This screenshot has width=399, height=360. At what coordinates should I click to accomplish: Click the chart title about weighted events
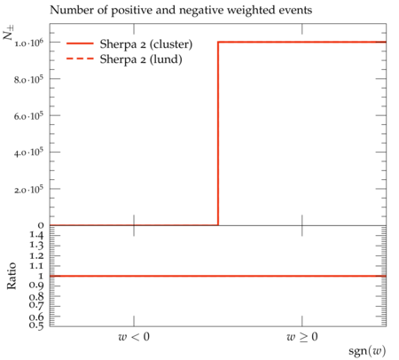click(x=181, y=11)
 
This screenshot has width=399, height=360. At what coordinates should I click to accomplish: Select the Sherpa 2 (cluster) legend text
click(x=146, y=44)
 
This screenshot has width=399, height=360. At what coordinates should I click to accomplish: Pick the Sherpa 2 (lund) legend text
click(x=141, y=59)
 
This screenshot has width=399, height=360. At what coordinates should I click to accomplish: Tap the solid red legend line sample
click(x=80, y=43)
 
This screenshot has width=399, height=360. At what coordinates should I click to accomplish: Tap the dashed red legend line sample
click(x=80, y=59)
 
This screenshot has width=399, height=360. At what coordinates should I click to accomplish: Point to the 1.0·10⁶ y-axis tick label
click(x=28, y=43)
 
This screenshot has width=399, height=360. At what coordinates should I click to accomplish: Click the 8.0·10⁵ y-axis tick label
click(x=28, y=80)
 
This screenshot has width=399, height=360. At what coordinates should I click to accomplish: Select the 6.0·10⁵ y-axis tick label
click(x=28, y=116)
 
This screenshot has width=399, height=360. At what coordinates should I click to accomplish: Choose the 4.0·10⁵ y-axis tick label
click(x=28, y=153)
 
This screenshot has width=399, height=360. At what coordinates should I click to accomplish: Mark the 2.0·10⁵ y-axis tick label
click(x=28, y=190)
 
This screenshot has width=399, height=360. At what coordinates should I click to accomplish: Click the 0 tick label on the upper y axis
click(x=41, y=225)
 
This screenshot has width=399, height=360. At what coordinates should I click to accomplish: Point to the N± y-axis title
click(x=8, y=33)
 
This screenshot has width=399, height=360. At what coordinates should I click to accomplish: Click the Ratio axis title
click(x=12, y=276)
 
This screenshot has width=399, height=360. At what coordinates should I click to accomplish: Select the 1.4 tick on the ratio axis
click(x=36, y=235)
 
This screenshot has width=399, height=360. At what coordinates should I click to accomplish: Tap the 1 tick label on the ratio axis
click(x=41, y=276)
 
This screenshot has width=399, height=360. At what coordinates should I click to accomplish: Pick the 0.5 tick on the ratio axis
click(x=36, y=325)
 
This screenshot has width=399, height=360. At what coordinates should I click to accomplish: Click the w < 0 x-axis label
click(x=134, y=337)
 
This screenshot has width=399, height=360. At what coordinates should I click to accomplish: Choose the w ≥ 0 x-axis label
click(x=302, y=337)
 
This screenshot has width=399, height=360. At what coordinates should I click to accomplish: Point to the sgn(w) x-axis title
click(x=367, y=351)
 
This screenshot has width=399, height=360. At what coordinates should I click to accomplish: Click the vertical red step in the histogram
click(x=218, y=134)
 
